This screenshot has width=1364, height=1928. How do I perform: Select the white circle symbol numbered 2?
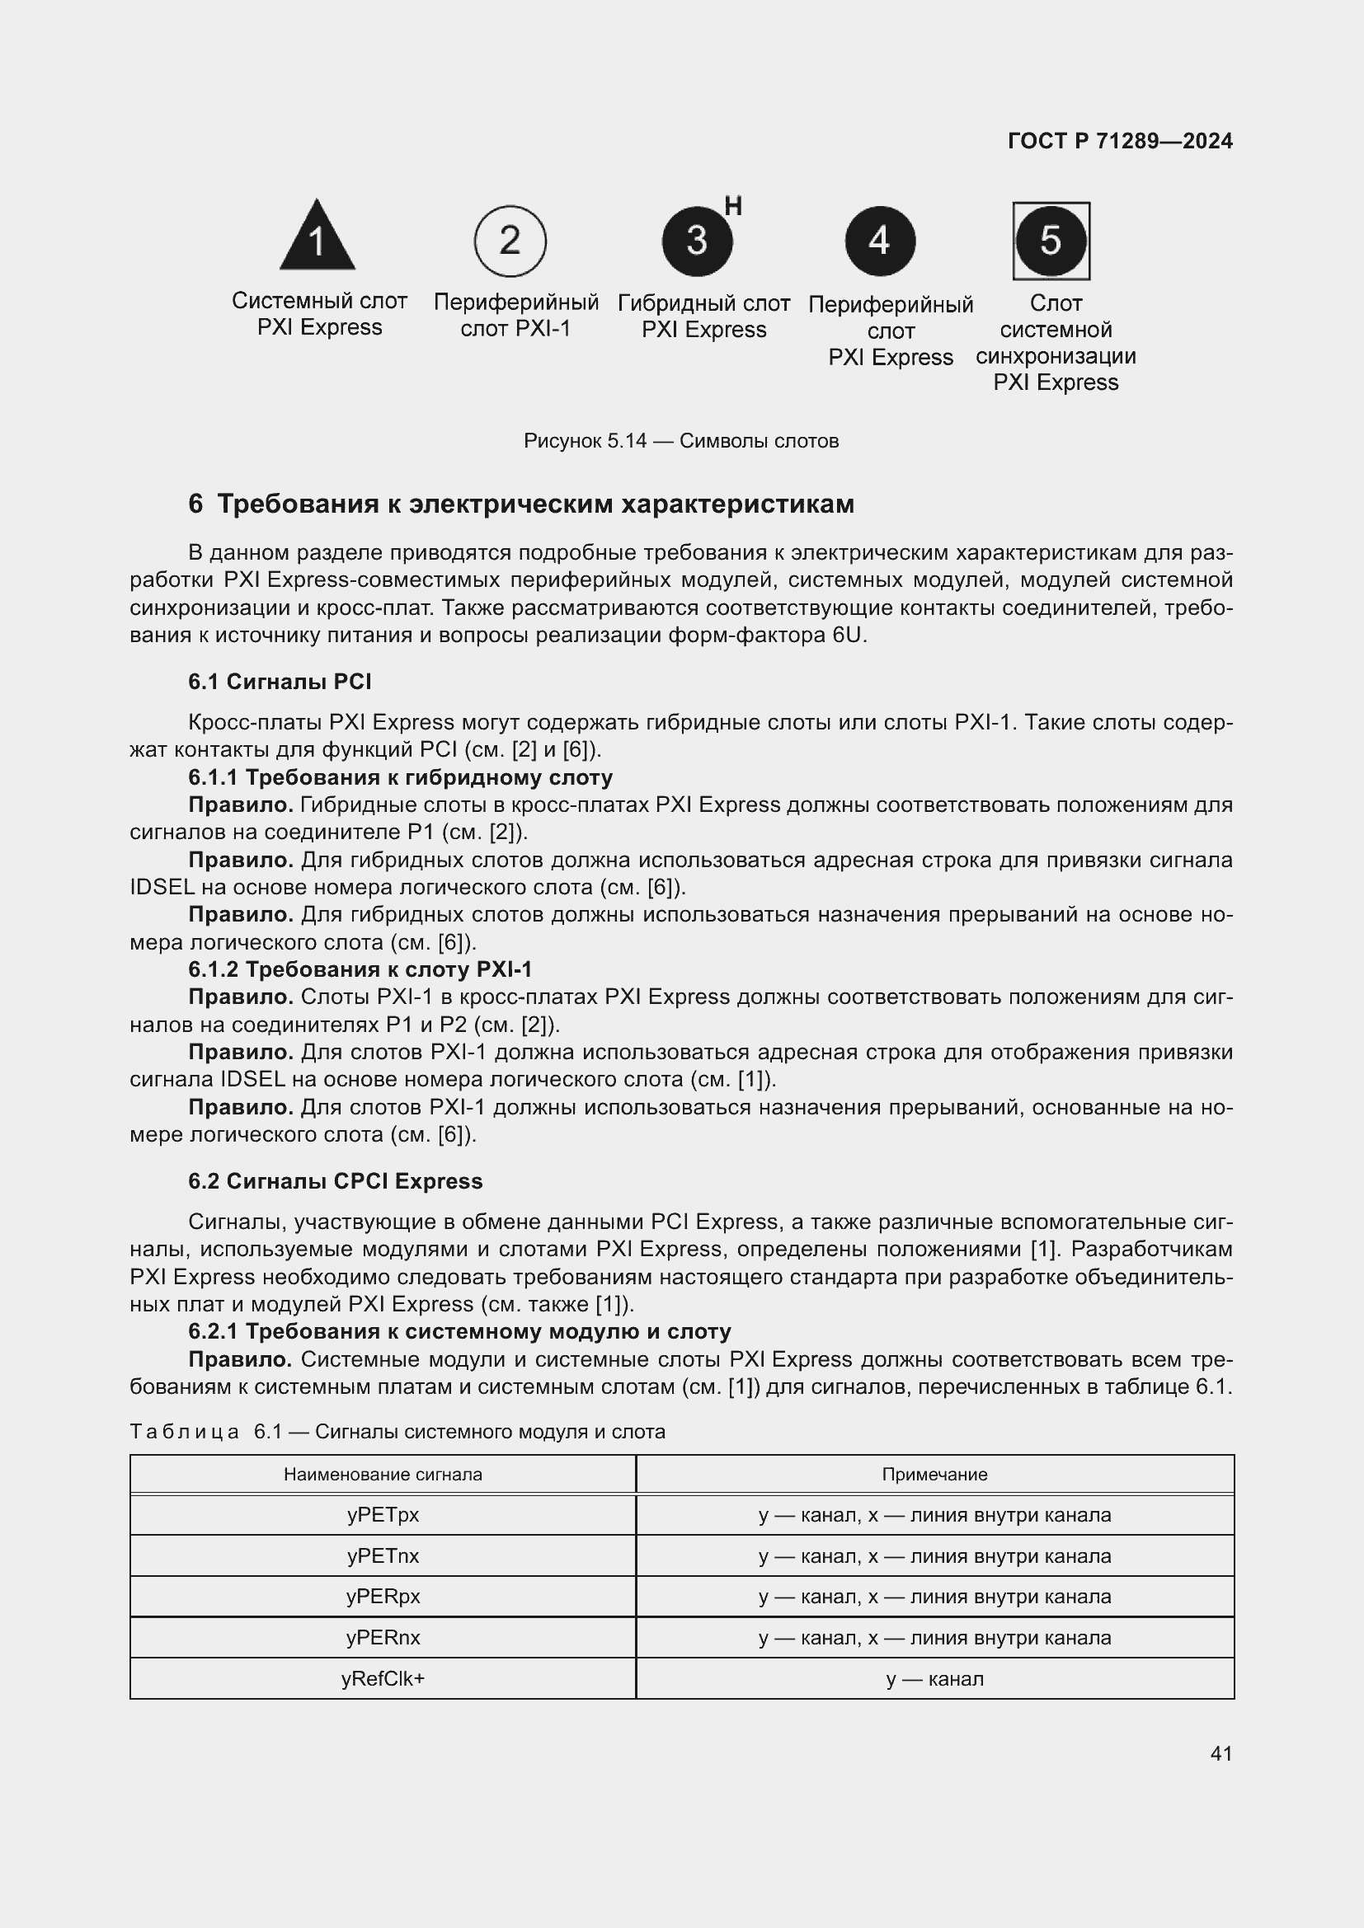(x=510, y=241)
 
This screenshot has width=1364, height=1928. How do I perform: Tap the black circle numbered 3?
(x=696, y=241)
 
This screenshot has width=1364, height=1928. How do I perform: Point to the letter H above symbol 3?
(x=732, y=206)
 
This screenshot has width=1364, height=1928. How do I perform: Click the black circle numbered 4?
(x=879, y=241)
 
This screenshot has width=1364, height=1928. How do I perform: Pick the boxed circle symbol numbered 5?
(x=1051, y=241)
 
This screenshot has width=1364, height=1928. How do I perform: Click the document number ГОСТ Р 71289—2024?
(x=1120, y=141)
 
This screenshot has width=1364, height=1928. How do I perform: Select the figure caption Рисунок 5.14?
(x=680, y=441)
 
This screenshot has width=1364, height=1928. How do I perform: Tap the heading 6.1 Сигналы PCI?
(x=280, y=681)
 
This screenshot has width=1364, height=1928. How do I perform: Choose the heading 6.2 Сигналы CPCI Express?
(x=335, y=1180)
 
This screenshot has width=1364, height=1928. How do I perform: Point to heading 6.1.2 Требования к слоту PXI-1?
(x=360, y=969)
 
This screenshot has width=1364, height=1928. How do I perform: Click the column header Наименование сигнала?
(x=382, y=1474)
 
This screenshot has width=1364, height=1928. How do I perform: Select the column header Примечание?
(x=934, y=1474)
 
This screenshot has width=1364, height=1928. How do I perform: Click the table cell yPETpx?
(x=382, y=1515)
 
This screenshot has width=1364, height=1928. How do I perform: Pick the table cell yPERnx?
(x=382, y=1638)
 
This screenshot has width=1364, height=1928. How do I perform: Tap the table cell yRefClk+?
(x=382, y=1678)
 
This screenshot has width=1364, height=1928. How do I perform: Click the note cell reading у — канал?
(x=934, y=1678)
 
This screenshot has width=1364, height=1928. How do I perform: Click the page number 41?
(x=1221, y=1753)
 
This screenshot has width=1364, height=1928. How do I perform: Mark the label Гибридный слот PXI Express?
(x=703, y=316)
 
